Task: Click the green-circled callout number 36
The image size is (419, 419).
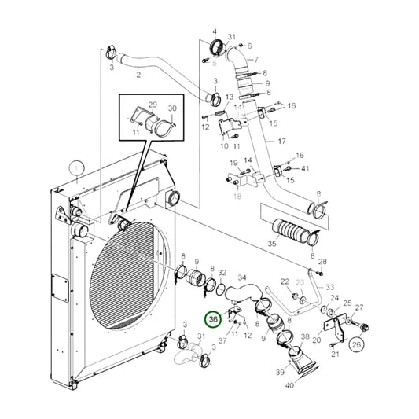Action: (x=212, y=319)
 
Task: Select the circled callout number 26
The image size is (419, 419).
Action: (x=357, y=343)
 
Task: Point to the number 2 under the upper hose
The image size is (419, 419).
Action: (x=138, y=75)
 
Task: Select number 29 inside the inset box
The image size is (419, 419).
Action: (x=153, y=105)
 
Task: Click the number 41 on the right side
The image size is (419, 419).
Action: (x=306, y=168)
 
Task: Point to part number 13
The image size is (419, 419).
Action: (x=230, y=98)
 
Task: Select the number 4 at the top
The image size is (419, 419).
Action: (x=214, y=31)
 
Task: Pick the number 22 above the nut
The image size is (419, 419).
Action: (x=285, y=282)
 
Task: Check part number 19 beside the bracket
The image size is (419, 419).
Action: (x=233, y=163)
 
